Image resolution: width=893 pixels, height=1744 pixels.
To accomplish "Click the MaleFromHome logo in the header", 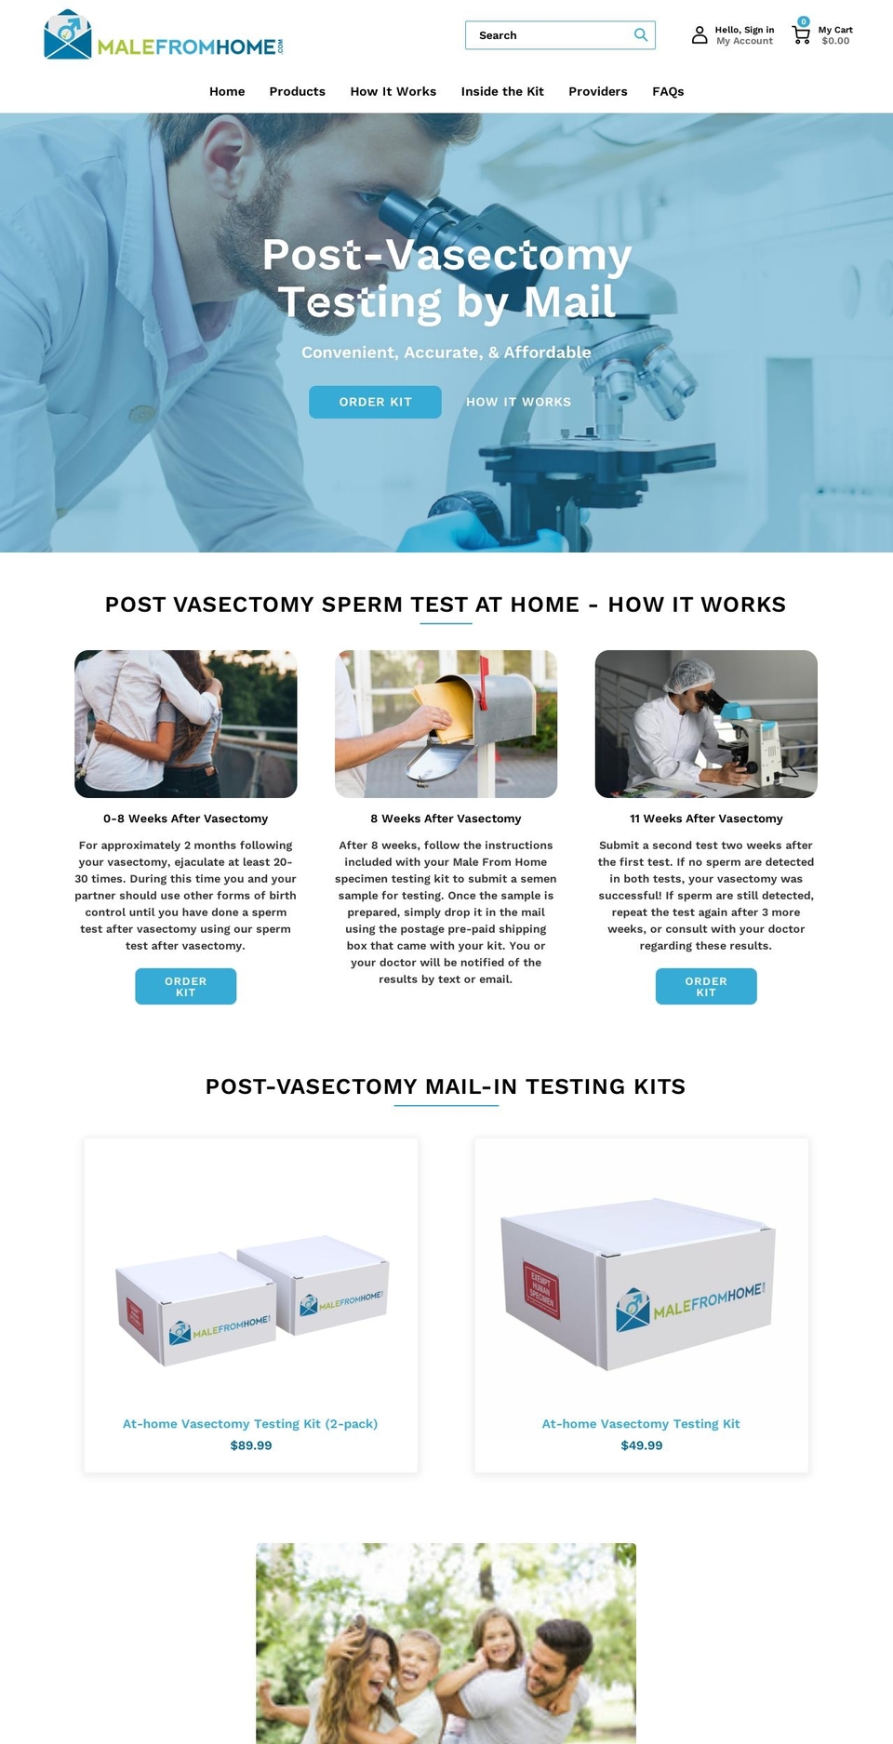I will tap(163, 36).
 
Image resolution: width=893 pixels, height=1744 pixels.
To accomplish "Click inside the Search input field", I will tap(549, 35).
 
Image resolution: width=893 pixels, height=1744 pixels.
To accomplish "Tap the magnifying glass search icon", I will tap(641, 35).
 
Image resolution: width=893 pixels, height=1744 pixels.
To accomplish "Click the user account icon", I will tap(700, 35).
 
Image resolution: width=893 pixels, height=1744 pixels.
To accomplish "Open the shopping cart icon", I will tap(801, 34).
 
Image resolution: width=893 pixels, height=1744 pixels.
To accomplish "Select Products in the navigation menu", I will tap(298, 91).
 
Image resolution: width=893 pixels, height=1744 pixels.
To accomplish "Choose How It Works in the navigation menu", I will tap(393, 91).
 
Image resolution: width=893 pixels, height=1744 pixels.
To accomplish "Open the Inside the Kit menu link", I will tap(502, 91).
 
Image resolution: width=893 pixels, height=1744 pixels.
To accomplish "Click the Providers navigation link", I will tap(598, 91).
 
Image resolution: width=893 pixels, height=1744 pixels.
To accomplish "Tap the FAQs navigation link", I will tap(668, 91).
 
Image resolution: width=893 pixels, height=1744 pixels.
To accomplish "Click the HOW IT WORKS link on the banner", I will tap(519, 402).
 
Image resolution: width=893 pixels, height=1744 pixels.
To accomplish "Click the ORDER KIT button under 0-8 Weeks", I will tap(186, 987).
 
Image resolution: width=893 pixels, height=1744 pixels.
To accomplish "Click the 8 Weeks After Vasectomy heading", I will tap(446, 819).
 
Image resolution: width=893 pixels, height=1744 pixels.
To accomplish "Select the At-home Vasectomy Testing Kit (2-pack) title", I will tap(250, 1424).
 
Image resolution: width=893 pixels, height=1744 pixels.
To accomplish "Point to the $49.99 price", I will tap(642, 1445).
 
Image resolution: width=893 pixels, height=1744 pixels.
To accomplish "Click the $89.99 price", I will tap(251, 1445).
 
